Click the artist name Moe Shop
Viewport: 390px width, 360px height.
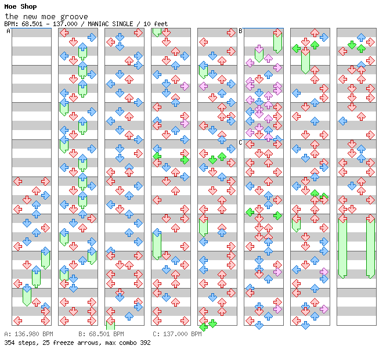20,6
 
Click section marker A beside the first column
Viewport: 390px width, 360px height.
9,31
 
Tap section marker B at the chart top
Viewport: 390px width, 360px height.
240,31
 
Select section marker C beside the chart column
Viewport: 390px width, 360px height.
240,142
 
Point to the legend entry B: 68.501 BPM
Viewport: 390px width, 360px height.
101,334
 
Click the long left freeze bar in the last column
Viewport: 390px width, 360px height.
342,247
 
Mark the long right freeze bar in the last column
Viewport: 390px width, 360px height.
370,247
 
